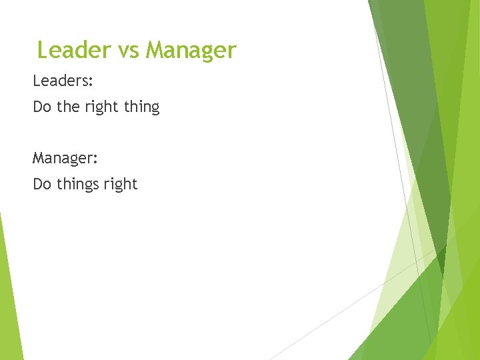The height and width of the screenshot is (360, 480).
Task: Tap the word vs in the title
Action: (125, 51)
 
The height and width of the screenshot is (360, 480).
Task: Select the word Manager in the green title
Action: (191, 51)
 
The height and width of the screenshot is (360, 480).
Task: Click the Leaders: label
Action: (63, 81)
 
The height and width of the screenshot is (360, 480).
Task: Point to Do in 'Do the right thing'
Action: (42, 107)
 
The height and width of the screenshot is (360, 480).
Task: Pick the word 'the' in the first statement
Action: (68, 107)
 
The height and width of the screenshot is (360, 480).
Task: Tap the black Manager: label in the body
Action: (65, 159)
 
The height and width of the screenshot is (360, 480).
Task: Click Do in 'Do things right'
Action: (42, 184)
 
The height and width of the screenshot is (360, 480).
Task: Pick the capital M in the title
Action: (155, 50)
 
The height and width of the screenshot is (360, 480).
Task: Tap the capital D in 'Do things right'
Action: (38, 184)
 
